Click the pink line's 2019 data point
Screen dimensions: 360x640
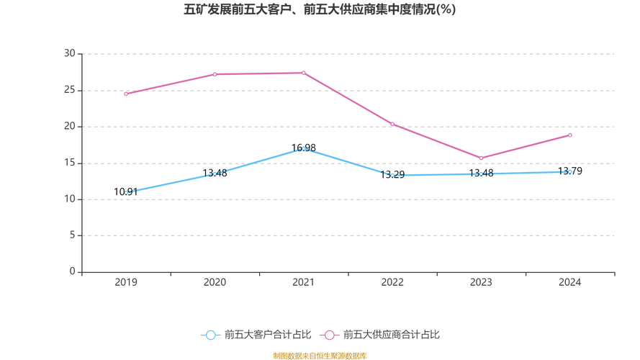126,94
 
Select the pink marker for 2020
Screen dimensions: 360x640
215,73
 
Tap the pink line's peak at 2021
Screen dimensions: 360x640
303,73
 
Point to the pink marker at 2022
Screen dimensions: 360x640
392,124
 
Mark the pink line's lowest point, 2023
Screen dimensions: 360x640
481,158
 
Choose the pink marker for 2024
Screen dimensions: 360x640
570,135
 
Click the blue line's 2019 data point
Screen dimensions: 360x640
126,192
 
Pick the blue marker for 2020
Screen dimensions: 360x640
215,174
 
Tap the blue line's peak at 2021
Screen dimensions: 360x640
303,148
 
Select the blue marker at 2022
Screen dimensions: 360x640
392,174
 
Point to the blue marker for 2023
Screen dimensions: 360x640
481,174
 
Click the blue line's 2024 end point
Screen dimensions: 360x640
570,171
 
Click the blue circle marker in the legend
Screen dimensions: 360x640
210,335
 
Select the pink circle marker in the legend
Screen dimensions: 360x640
330,335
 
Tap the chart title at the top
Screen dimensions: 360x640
320,11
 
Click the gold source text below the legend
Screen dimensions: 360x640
320,354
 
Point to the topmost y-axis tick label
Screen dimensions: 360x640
71,53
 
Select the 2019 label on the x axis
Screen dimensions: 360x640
126,283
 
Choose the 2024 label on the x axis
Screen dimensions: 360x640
570,283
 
